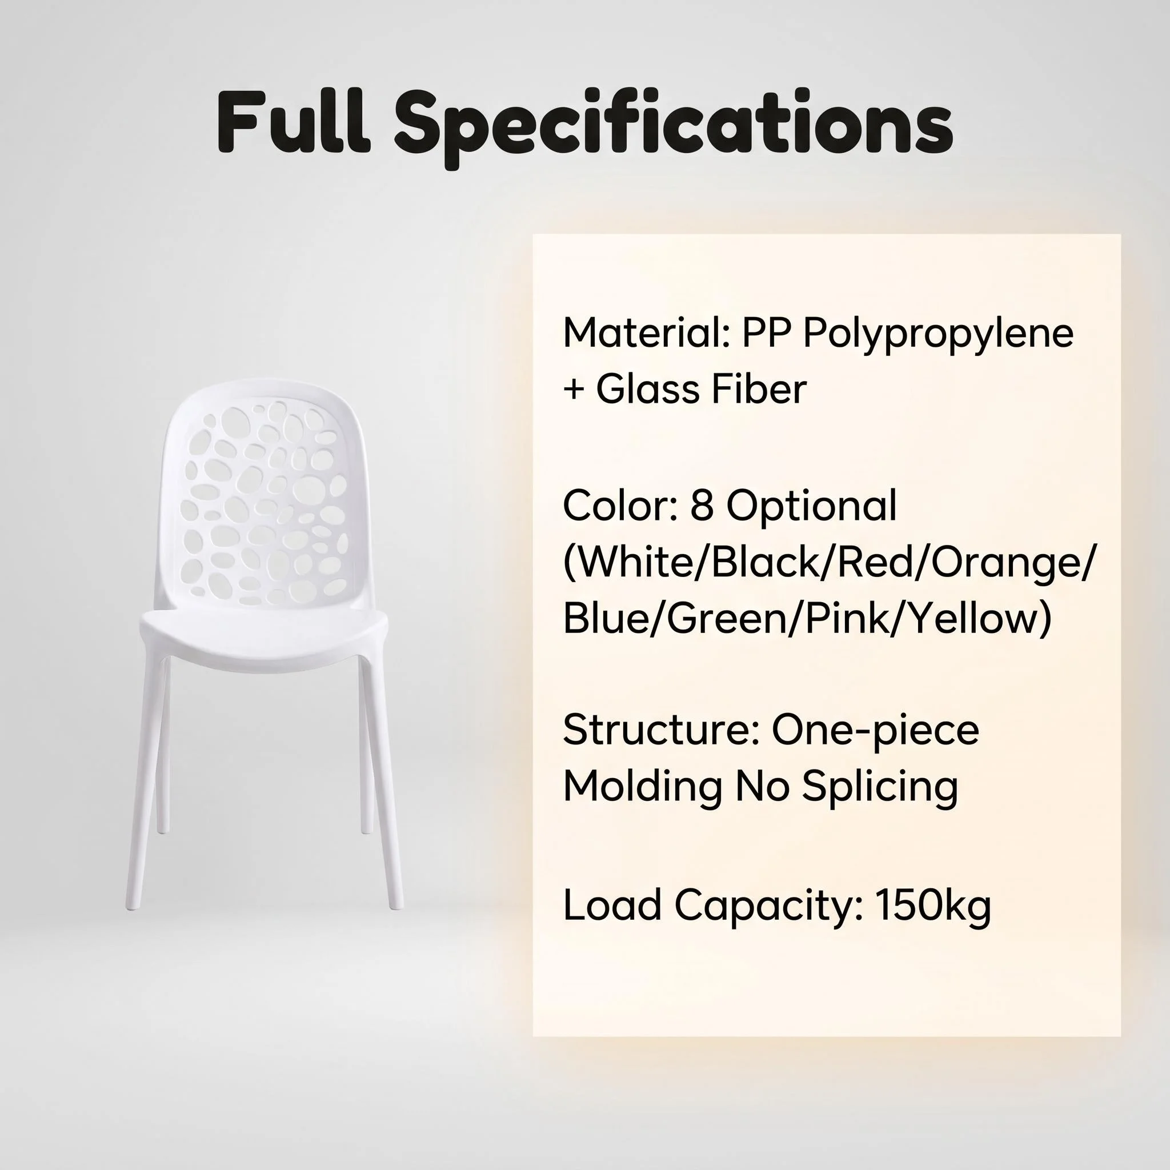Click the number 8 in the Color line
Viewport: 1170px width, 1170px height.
(x=702, y=506)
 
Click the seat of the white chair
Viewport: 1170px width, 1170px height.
(x=263, y=630)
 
